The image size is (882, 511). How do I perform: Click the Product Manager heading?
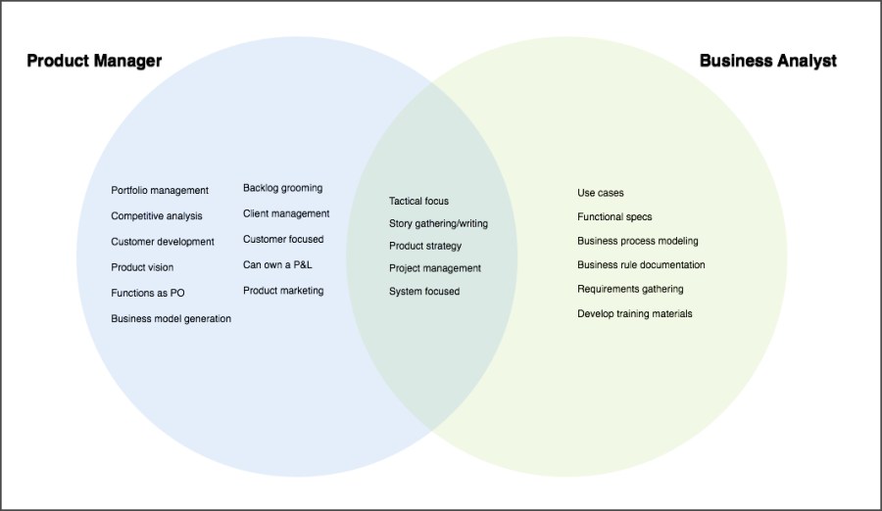pyautogui.click(x=94, y=61)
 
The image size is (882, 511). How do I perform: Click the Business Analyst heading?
pyautogui.click(x=767, y=61)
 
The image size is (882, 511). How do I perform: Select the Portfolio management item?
pyautogui.click(x=160, y=191)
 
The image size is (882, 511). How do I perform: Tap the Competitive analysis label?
pyautogui.click(x=157, y=216)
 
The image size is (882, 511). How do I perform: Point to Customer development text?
pyautogui.click(x=163, y=242)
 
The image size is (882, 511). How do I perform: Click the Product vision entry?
pyautogui.click(x=142, y=267)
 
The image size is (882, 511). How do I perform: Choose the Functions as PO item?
pyautogui.click(x=148, y=293)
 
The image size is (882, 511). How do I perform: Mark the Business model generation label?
pyautogui.click(x=171, y=318)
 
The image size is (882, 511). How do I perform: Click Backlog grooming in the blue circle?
pyautogui.click(x=282, y=188)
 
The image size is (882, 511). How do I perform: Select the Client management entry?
pyautogui.click(x=286, y=213)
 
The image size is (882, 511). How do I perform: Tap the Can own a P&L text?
pyautogui.click(x=277, y=264)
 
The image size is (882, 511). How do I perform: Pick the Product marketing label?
pyautogui.click(x=283, y=291)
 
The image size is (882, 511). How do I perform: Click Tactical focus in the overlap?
pyautogui.click(x=418, y=201)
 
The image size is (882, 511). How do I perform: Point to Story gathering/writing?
pyautogui.click(x=438, y=223)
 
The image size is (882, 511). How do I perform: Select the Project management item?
pyautogui.click(x=435, y=268)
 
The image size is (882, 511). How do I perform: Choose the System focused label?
pyautogui.click(x=424, y=292)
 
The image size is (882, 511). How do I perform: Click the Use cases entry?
pyautogui.click(x=601, y=193)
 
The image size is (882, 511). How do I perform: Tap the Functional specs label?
pyautogui.click(x=614, y=216)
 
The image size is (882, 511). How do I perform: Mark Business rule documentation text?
pyautogui.click(x=641, y=264)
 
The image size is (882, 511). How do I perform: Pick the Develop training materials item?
pyautogui.click(x=635, y=313)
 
